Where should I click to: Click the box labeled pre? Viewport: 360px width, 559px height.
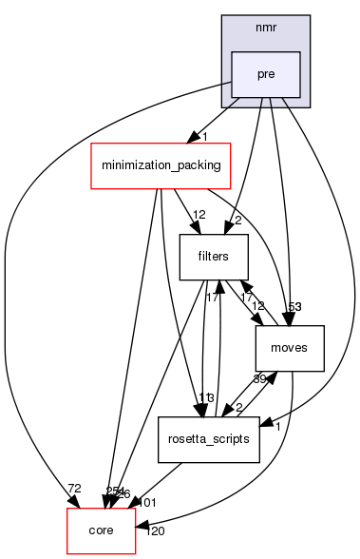point(266,75)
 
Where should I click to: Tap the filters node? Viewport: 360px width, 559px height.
point(215,256)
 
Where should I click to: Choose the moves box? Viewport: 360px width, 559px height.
point(290,349)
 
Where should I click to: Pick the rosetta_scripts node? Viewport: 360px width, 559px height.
point(209,439)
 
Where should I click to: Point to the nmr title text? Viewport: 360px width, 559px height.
point(266,27)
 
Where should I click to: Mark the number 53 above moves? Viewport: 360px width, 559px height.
point(294,307)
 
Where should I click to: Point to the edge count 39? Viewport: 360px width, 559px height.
point(257,379)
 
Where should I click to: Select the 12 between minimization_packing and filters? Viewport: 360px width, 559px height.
point(199,215)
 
